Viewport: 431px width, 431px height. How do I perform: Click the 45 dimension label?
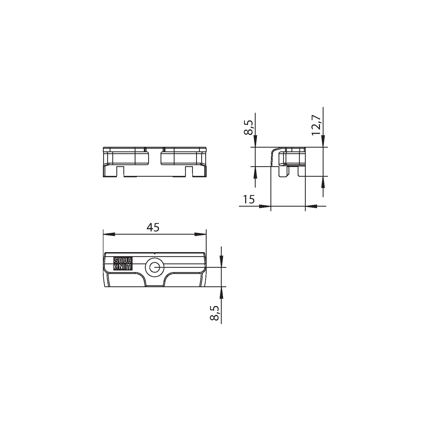pyautogui.click(x=153, y=228)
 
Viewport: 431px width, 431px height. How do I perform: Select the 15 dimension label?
pyautogui.click(x=248, y=200)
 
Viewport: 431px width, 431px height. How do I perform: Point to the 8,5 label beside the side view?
pyautogui.click(x=248, y=127)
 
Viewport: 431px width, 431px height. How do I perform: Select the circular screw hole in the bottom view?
pyautogui.click(x=155, y=267)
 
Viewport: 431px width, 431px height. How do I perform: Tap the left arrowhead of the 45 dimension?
pyautogui.click(x=109, y=234)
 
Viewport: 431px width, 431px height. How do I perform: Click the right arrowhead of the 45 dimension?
pyautogui.click(x=200, y=234)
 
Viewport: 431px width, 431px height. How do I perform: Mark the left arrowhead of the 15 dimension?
pyautogui.click(x=265, y=206)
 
